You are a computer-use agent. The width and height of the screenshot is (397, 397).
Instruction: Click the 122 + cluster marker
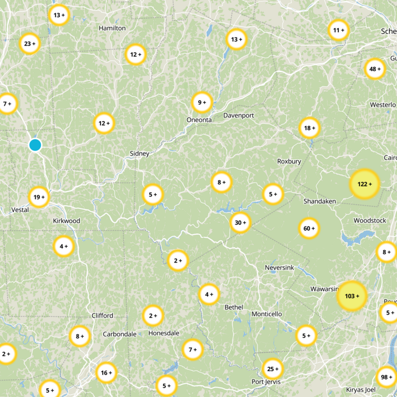click(364, 184)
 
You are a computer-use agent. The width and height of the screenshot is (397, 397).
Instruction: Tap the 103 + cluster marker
click(351, 296)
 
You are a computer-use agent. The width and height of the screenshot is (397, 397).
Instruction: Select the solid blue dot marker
click(35, 145)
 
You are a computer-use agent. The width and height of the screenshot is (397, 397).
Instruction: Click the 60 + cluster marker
click(309, 228)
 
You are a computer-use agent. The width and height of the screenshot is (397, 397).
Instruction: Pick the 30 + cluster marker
click(240, 223)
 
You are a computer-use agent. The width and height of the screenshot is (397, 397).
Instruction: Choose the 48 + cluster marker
click(375, 69)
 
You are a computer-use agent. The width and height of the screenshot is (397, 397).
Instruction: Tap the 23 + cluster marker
click(30, 44)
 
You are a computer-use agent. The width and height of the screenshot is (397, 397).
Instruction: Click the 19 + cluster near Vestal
click(39, 197)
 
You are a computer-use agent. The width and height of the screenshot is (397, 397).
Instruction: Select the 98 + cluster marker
click(386, 377)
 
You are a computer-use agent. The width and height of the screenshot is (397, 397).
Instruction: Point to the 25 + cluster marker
click(272, 369)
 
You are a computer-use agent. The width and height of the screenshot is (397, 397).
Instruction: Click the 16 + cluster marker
click(106, 373)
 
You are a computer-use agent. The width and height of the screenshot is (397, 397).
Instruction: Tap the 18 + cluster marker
click(310, 129)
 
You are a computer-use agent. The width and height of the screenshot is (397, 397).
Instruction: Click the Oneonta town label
click(199, 120)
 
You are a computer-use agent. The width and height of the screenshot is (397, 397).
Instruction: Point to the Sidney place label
click(139, 153)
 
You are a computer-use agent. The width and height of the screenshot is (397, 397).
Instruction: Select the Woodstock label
click(369, 220)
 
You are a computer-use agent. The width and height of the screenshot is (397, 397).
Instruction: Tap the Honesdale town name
click(164, 333)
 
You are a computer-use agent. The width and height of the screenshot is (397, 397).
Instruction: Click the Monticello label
click(266, 314)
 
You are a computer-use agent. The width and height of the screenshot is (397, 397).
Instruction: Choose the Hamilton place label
click(112, 28)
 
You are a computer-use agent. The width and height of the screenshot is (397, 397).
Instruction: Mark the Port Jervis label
click(266, 382)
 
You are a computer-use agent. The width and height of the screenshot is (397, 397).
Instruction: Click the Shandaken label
click(320, 201)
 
